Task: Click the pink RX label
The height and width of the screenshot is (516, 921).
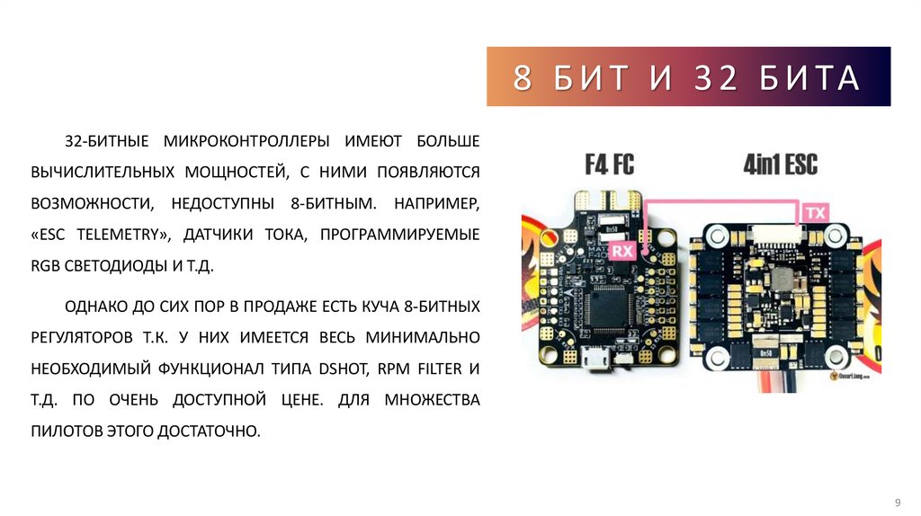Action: (622, 251)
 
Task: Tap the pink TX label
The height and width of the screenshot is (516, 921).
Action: (814, 213)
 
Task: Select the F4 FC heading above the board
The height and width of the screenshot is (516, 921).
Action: (609, 165)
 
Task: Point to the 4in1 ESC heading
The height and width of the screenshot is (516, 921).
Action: (780, 165)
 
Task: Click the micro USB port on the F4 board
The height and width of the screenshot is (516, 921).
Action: (595, 360)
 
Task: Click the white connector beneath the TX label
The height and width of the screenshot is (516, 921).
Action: (779, 238)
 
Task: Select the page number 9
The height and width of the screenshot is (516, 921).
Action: (897, 501)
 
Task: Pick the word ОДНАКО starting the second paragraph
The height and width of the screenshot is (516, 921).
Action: (96, 307)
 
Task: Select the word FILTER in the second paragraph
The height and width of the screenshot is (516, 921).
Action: (439, 369)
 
